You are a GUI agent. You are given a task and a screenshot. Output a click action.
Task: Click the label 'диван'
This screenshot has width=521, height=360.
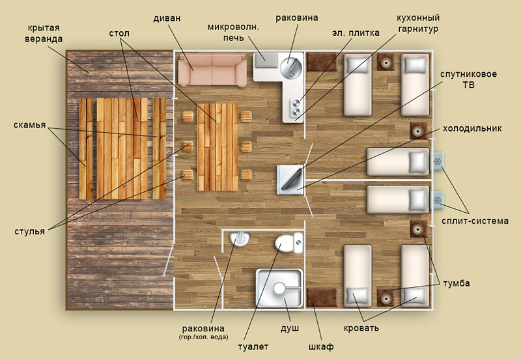coord(167,18)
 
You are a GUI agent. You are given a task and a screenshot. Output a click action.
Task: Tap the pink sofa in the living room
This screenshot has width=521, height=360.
coord(212,70)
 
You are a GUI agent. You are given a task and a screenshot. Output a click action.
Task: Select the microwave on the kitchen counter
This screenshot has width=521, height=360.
coord(266,60)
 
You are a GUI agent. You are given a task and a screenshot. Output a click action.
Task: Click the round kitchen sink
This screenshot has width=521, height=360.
coord(290,68)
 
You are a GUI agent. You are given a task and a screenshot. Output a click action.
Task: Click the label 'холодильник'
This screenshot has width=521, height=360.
coord(472,128)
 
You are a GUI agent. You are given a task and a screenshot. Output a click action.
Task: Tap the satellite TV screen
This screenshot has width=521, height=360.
coord(292,180)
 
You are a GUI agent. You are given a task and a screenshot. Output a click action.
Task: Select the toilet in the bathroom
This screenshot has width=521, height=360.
coord(289,243)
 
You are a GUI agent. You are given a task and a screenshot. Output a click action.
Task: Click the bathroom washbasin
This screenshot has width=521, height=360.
coord(240,239)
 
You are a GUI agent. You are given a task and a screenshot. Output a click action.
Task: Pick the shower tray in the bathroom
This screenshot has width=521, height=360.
coord(279,288)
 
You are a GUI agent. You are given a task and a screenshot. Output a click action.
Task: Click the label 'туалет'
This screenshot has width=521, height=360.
coord(253,347)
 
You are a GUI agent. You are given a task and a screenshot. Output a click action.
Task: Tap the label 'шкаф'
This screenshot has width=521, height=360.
coord(321,347)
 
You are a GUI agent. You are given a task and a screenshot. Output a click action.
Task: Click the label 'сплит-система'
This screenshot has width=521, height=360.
coord(475,221)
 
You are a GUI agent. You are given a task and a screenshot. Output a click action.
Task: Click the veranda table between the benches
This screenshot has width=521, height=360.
coord(122,148)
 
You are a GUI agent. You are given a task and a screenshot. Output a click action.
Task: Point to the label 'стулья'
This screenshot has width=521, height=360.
coord(29,231)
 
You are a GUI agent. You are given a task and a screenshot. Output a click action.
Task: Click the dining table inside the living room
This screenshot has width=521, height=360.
coord(218,147)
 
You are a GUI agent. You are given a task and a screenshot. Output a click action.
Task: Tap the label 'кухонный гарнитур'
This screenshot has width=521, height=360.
coord(418,23)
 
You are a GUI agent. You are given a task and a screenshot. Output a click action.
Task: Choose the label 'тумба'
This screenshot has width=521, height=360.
coord(457,283)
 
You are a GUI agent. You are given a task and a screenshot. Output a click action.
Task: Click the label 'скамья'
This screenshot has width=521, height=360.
coord(29,125)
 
